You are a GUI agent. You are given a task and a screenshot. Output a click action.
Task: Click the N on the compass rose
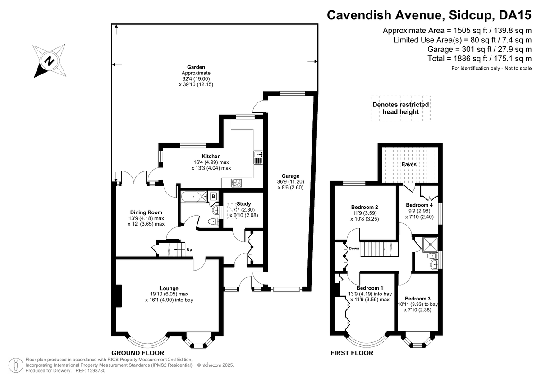pyautogui.click(x=50, y=61)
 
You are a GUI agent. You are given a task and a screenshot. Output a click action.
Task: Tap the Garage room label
pyautogui.click(x=290, y=176)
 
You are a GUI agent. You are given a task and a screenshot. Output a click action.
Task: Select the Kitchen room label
pyautogui.click(x=211, y=156)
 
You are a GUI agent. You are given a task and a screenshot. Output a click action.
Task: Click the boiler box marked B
pyautogui.click(x=213, y=196)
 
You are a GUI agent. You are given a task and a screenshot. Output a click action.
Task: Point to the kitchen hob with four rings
pyautogui.click(x=236, y=183)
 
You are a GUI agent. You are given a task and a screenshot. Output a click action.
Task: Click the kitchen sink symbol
pyautogui.click(x=258, y=157)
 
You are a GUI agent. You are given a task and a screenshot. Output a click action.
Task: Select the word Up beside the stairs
pyautogui.click(x=189, y=249)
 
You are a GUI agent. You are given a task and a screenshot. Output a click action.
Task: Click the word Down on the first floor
pyautogui.click(x=354, y=249)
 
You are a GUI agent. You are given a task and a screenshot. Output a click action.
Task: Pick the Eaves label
pyautogui.click(x=409, y=164)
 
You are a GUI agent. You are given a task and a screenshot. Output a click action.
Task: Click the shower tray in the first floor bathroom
pyautogui.click(x=431, y=245)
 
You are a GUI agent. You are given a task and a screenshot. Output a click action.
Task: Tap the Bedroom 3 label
pyautogui.click(x=417, y=299)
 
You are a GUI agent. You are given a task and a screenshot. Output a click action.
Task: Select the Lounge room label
pyautogui.click(x=169, y=288)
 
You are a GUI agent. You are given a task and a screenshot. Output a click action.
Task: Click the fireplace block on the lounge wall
pyautogui.click(x=119, y=296)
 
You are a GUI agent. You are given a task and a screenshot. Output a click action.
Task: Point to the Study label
pyautogui.click(x=244, y=204)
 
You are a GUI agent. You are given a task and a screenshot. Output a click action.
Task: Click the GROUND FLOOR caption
pyautogui.click(x=138, y=353)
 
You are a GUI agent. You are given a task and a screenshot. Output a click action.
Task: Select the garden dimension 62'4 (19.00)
pyautogui.click(x=196, y=79)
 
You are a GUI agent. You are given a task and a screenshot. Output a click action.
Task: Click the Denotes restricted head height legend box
pyautogui.click(x=401, y=108)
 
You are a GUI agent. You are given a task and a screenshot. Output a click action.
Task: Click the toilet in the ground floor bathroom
pyautogui.click(x=213, y=221)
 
